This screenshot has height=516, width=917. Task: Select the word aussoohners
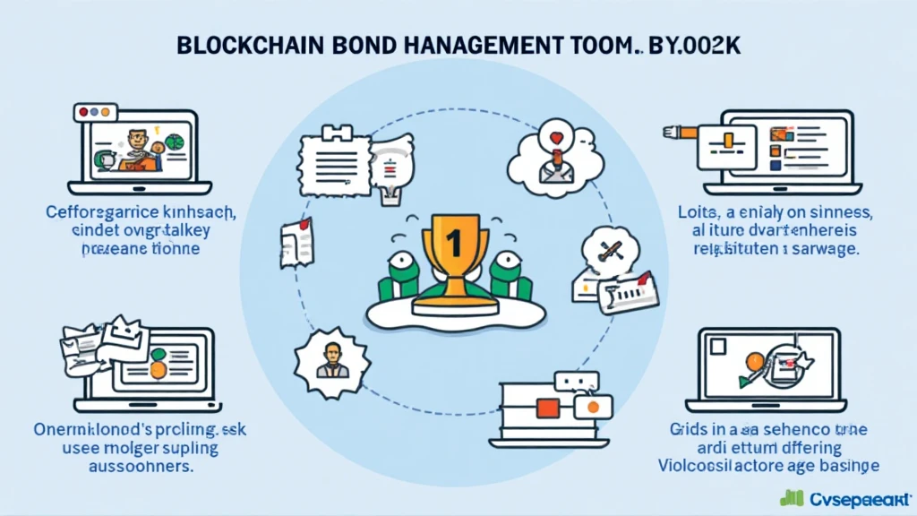tap(133, 467)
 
